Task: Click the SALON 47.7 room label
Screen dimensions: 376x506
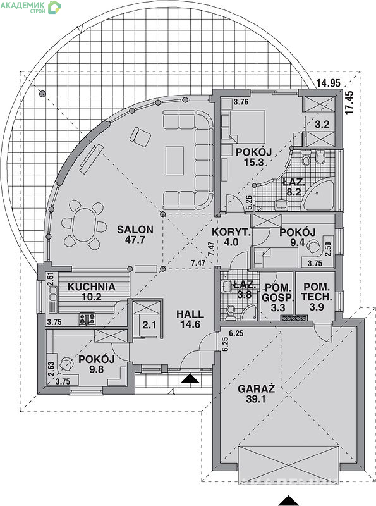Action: point(135,235)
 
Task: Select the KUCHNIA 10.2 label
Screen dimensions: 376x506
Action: point(91,292)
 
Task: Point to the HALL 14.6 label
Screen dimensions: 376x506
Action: point(190,319)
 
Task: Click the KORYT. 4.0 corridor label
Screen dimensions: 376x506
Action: point(231,237)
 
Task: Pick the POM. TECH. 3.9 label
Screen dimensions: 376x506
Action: point(317,297)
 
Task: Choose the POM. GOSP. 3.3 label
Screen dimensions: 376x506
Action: point(278,297)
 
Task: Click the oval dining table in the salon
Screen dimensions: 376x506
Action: point(83,225)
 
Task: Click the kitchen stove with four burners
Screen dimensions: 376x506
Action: point(87,319)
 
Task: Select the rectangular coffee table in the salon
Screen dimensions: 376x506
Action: point(175,161)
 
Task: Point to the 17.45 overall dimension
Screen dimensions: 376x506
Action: point(350,102)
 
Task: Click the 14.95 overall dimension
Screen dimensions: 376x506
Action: point(328,83)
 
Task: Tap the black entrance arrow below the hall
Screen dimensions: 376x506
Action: point(190,378)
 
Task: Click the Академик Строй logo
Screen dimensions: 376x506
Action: point(30,7)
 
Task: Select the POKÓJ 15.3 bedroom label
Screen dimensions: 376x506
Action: point(254,157)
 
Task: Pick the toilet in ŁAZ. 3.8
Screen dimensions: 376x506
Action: point(230,312)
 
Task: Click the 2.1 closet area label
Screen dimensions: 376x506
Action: point(149,325)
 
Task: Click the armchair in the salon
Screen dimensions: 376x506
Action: point(140,137)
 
